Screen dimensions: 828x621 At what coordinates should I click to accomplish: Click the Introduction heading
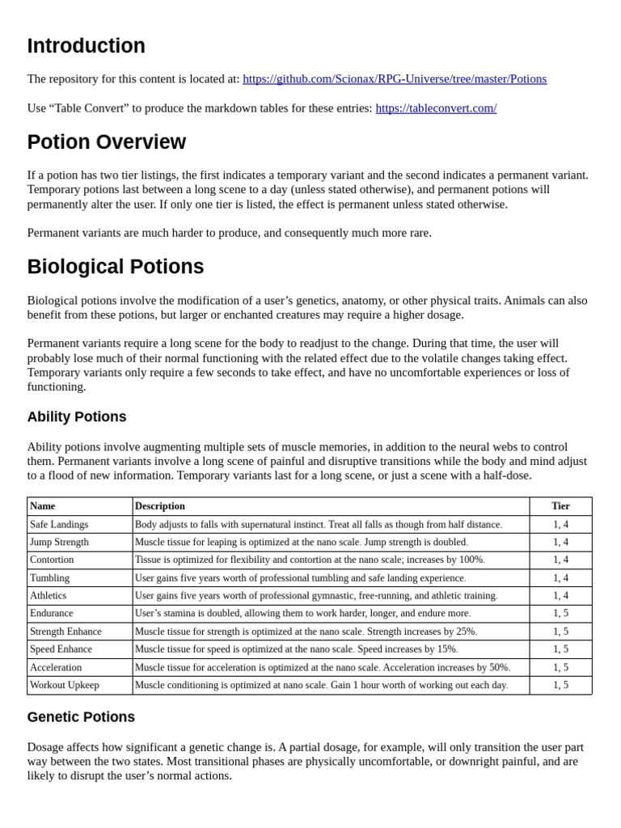coord(86,46)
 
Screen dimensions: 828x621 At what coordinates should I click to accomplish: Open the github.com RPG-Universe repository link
coord(394,78)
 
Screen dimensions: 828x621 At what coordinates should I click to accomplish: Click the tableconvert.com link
coord(436,108)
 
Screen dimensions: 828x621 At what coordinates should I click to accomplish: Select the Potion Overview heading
coord(106,142)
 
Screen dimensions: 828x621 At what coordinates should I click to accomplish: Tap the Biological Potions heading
coord(115,267)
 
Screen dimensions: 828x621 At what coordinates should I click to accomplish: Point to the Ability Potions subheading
coord(77,417)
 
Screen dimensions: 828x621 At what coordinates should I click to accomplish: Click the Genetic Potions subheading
coord(81,717)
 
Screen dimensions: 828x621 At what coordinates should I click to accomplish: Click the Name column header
coord(43,506)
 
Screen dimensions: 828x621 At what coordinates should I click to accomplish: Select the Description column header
coord(160,506)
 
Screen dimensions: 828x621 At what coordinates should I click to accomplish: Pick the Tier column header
coord(560,506)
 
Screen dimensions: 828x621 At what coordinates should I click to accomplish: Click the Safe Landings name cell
coord(59,524)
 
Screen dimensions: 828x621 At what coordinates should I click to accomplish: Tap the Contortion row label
coord(52,560)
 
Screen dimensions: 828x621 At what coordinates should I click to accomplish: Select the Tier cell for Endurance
coord(560,613)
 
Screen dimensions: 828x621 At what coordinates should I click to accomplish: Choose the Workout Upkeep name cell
coord(65,685)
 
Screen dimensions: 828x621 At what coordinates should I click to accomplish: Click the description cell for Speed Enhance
coord(297,648)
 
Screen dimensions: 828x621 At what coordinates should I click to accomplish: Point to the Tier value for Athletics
coord(560,595)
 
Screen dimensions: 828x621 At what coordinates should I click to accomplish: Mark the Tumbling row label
coord(49,577)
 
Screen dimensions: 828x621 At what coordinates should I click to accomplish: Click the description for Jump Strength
coord(302,542)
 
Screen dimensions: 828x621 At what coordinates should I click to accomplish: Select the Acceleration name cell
coord(56,667)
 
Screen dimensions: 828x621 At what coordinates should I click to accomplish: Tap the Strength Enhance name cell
coord(65,631)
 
